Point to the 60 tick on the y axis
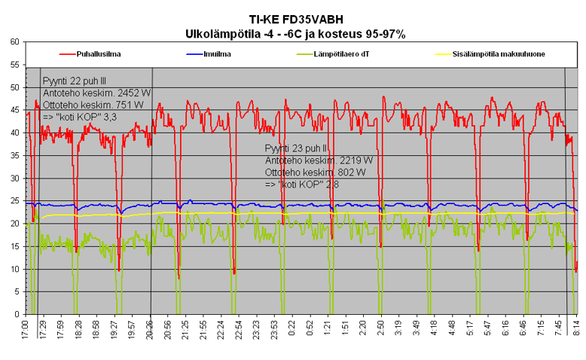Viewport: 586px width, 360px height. tap(14, 42)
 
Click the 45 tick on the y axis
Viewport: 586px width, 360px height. tap(14, 110)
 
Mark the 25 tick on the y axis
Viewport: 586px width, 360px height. tap(14, 201)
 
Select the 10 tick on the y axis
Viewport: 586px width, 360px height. tap(14, 269)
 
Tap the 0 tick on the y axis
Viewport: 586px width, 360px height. tap(17, 314)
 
